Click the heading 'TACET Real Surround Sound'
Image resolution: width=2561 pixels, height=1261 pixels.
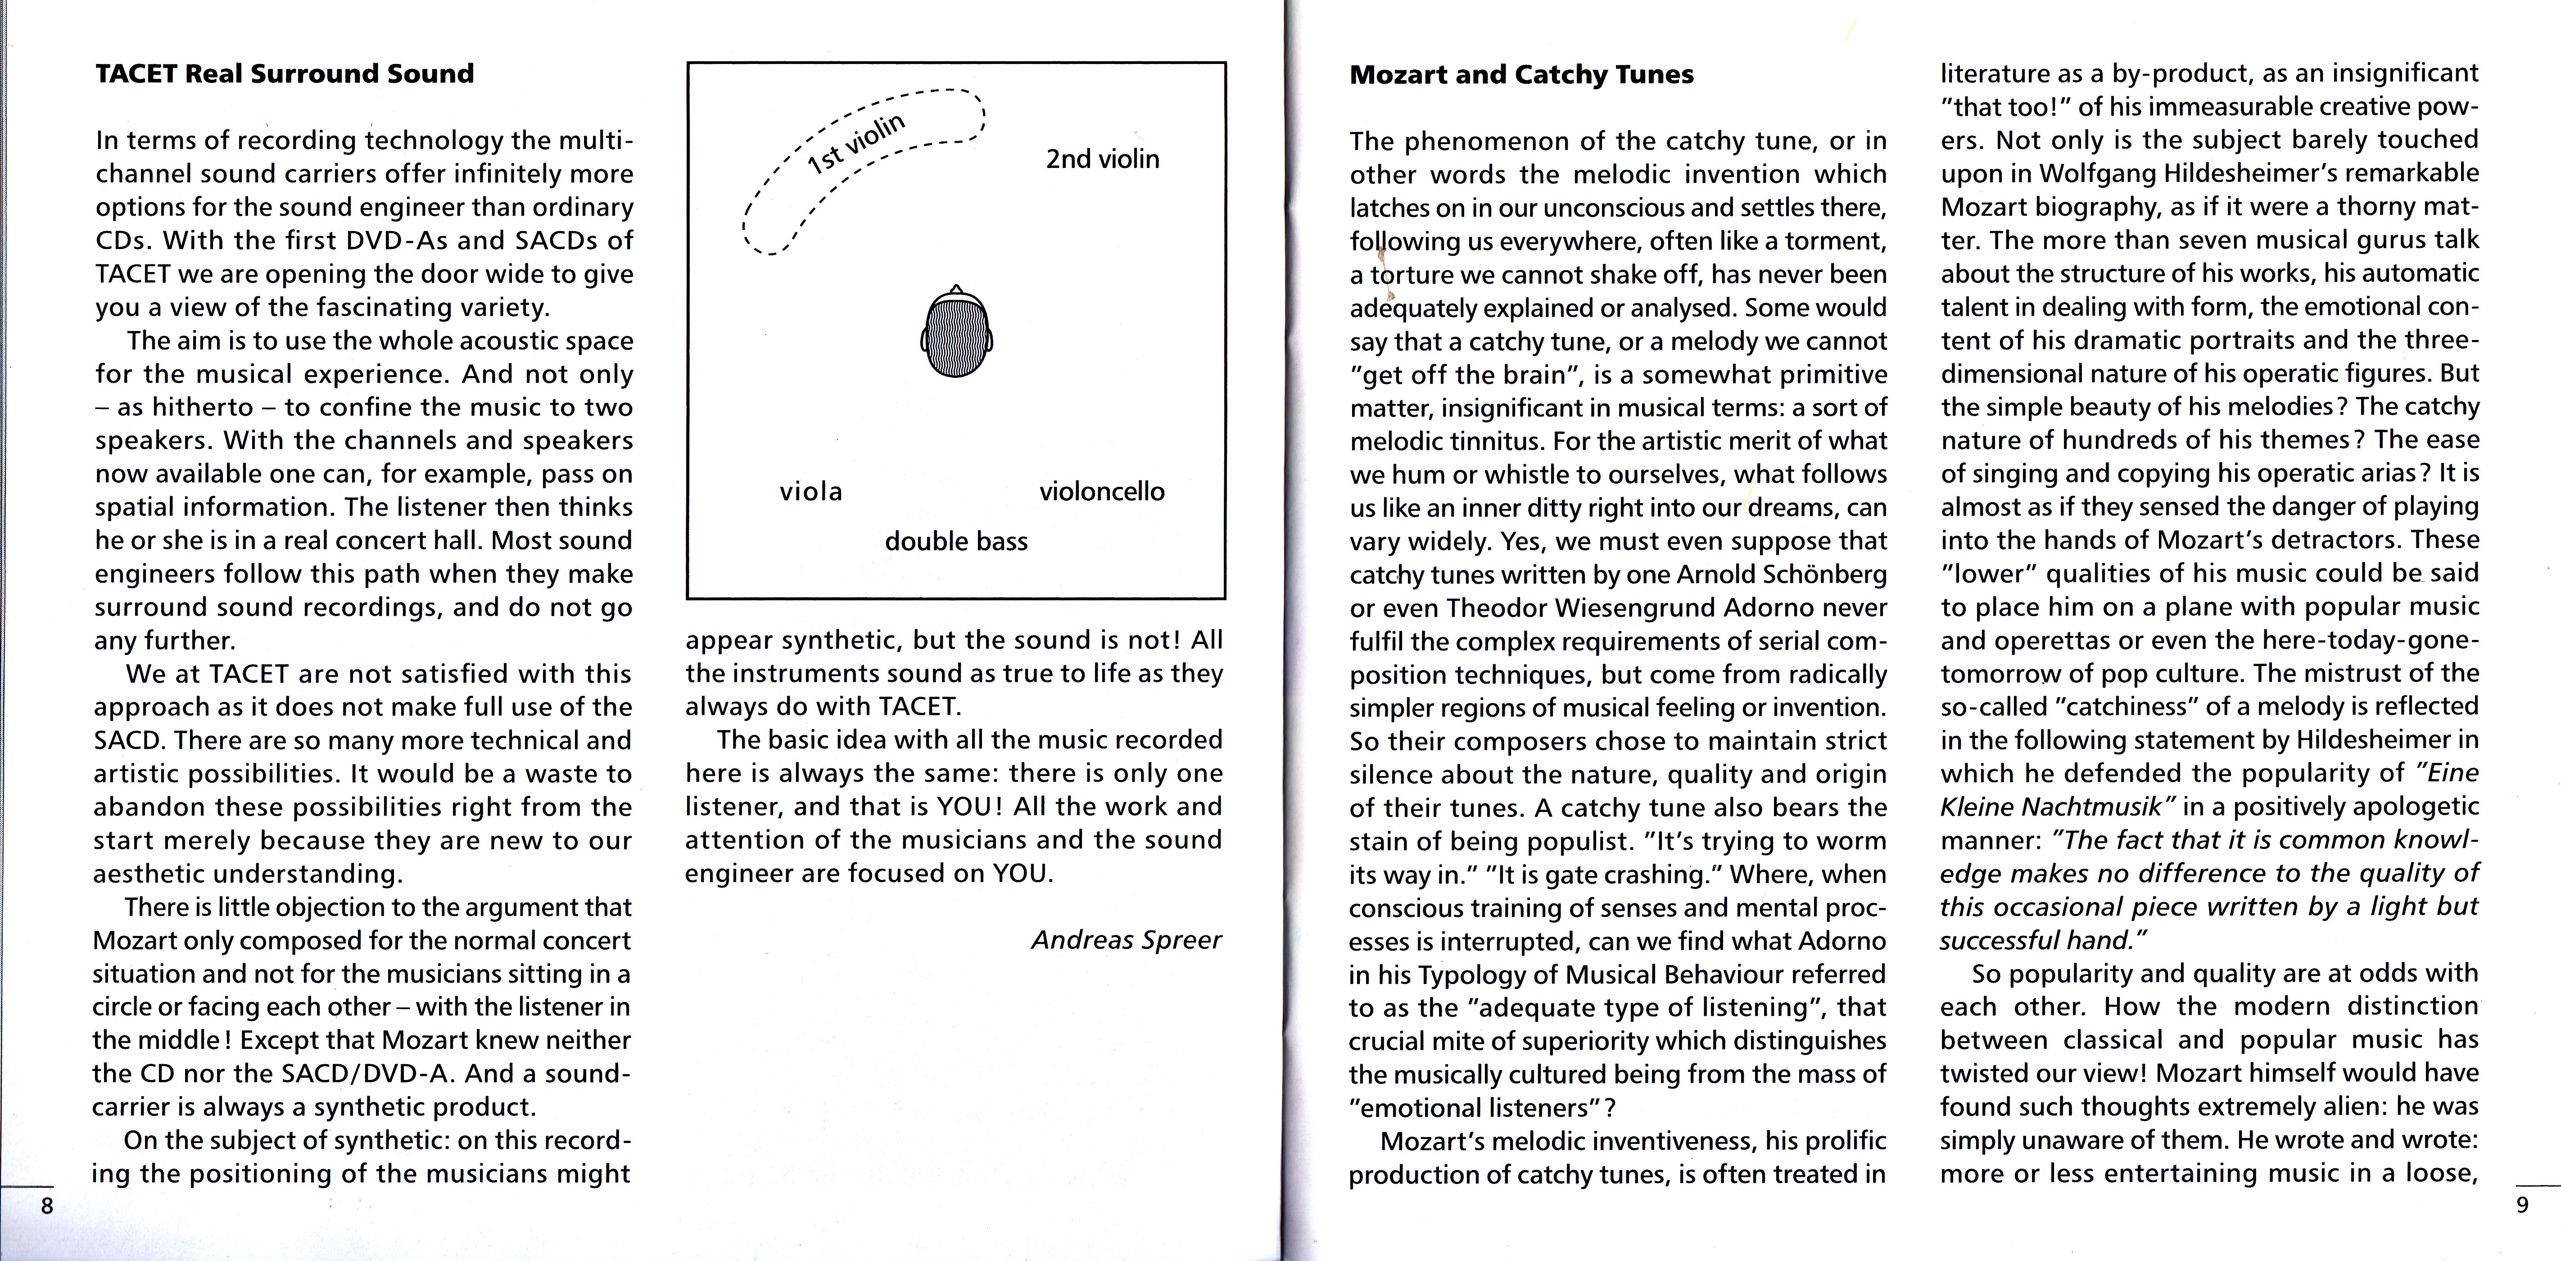coord(285,73)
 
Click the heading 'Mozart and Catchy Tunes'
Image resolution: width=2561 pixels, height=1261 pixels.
coord(1521,75)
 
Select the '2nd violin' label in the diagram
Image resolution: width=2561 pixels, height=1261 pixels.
coord(1102,159)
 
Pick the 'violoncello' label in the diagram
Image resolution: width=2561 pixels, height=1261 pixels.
coord(1102,491)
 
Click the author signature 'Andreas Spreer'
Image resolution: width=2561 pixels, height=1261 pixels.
coord(1126,940)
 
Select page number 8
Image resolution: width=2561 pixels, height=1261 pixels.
coord(46,1207)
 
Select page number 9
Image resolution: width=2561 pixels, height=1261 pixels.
coord(2521,1207)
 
